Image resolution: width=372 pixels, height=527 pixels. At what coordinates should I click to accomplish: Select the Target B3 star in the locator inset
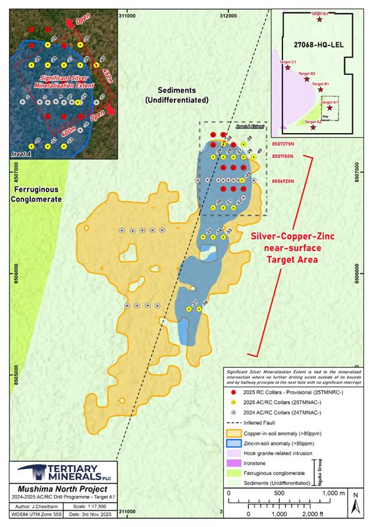(320, 20)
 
